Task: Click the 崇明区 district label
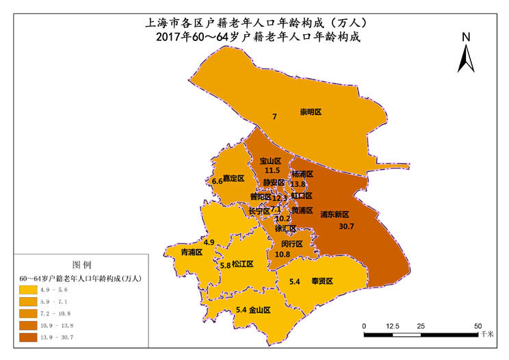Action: tap(311, 112)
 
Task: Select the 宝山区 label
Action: tap(270, 161)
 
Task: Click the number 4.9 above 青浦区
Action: tap(209, 242)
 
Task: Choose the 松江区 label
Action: tap(243, 264)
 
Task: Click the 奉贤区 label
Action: tap(322, 281)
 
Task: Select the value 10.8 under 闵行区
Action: tap(283, 254)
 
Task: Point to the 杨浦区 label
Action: tap(302, 175)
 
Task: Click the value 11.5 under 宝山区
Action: tap(272, 170)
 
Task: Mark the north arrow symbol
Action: tap(466, 58)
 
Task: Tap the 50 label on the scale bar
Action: tap(478, 325)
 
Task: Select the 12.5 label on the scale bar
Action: tap(393, 325)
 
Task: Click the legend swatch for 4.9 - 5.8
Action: tap(28, 291)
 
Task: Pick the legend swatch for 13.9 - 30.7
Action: tap(28, 337)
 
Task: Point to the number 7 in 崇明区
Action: tap(274, 117)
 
